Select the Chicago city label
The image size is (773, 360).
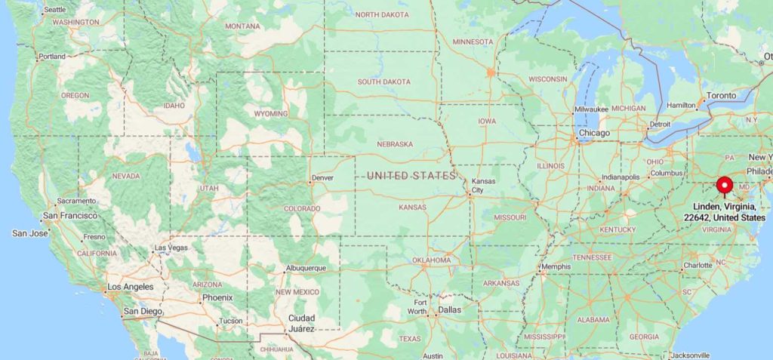click(x=593, y=134)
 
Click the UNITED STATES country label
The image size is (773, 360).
click(x=411, y=176)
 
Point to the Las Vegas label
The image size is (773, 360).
click(x=171, y=248)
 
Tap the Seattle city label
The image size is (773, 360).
click(x=54, y=10)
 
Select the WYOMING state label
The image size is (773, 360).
click(x=270, y=114)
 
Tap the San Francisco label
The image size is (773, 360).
click(x=69, y=216)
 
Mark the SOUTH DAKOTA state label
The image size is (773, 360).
click(x=384, y=82)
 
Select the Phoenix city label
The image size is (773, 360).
click(x=217, y=297)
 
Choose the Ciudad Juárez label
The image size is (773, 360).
click(x=301, y=323)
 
